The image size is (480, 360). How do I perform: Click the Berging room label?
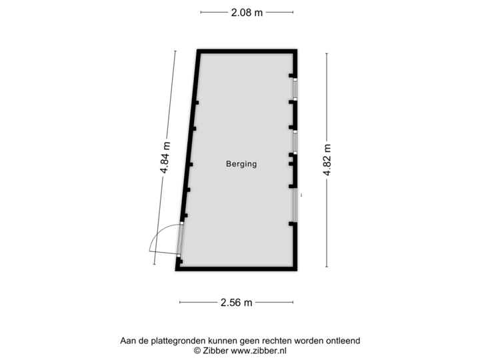click(x=241, y=164)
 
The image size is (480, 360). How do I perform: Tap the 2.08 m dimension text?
click(x=247, y=13)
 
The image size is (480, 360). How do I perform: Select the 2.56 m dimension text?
click(x=236, y=303)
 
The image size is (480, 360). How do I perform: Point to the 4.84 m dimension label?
click(x=165, y=157)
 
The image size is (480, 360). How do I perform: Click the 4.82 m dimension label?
click(x=327, y=159)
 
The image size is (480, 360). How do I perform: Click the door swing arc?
click(x=159, y=233)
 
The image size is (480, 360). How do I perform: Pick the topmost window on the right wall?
click(x=295, y=89)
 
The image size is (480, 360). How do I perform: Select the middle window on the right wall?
click(x=295, y=143)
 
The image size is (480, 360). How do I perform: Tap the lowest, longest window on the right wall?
click(x=295, y=205)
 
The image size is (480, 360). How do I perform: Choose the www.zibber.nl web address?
click(x=259, y=351)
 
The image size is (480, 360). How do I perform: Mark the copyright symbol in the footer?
click(x=197, y=351)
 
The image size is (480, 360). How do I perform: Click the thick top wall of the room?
click(x=247, y=51)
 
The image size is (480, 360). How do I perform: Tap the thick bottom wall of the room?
click(x=236, y=269)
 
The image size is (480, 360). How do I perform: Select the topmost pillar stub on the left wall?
click(x=197, y=103)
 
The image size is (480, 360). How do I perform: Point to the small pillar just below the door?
click(x=180, y=262)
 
